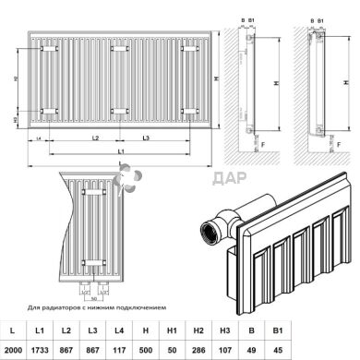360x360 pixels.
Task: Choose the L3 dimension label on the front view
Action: coord(146,137)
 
